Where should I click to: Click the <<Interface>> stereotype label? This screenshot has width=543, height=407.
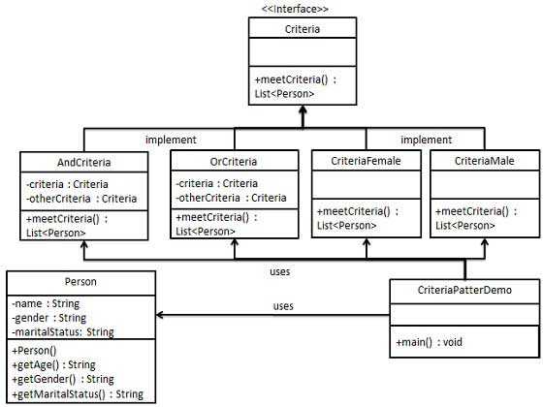click(x=295, y=10)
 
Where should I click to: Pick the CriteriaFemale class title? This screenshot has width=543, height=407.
click(x=366, y=162)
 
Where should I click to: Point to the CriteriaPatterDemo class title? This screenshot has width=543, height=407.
click(x=464, y=290)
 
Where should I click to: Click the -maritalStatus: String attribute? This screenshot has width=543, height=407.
click(x=63, y=331)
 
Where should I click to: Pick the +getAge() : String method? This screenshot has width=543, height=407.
click(x=53, y=364)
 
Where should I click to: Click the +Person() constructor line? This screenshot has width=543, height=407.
click(x=36, y=350)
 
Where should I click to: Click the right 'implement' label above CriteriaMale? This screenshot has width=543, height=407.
click(x=427, y=139)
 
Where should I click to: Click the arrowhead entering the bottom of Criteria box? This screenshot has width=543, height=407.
click(x=302, y=111)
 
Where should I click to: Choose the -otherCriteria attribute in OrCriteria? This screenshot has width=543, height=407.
click(x=231, y=198)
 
